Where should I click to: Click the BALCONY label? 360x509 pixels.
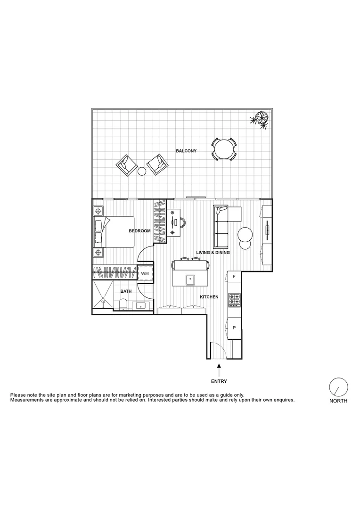tap(186, 151)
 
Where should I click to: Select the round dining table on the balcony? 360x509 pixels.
tap(224, 150)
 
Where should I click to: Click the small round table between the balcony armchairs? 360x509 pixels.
tap(142, 171)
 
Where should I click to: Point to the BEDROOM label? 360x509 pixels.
tap(140, 231)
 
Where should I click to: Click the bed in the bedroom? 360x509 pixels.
tap(115, 231)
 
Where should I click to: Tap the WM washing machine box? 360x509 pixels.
tap(145, 273)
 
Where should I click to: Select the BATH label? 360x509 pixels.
tap(125, 292)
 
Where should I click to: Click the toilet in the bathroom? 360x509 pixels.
tap(123, 305)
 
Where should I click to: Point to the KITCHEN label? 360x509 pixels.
tap(209, 297)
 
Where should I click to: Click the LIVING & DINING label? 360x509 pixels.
tap(213, 253)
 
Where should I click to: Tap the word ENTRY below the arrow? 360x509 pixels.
tap(219, 381)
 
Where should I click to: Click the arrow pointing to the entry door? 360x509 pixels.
tap(219, 368)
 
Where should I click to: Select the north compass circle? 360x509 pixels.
tap(338, 387)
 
